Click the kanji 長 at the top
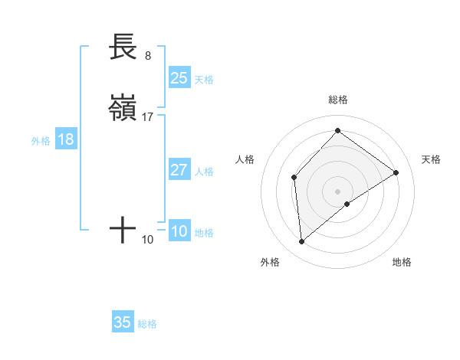(123, 47)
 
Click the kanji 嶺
(123, 108)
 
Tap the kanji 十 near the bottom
(123, 230)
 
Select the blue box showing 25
(179, 77)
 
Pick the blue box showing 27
(179, 170)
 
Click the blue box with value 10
(179, 231)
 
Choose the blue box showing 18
(66, 139)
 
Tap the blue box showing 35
(123, 322)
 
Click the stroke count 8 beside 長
(147, 56)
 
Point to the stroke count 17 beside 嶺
(148, 117)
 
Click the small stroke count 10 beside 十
(148, 240)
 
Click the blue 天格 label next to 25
(204, 80)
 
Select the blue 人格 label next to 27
(204, 172)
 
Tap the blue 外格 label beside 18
(41, 141)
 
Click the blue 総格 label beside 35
(147, 324)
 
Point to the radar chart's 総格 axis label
(337, 100)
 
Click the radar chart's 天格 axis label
(431, 159)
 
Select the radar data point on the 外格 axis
(301, 242)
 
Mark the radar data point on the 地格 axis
(347, 204)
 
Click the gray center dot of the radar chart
(337, 191)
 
